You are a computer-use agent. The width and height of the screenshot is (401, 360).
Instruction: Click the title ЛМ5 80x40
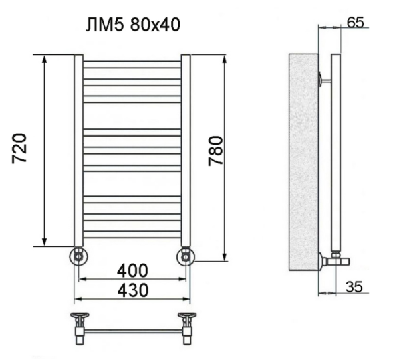pyautogui.click(x=133, y=25)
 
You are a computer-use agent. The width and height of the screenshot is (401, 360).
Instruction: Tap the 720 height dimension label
pyautogui.click(x=19, y=148)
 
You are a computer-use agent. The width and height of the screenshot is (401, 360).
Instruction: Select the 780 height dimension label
pyautogui.click(x=215, y=151)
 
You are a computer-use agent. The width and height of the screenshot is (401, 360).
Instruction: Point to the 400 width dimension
pyautogui.click(x=132, y=270)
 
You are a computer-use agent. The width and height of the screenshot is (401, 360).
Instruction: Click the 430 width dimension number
pyautogui.click(x=133, y=290)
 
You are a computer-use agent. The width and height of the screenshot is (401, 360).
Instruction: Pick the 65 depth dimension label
pyautogui.click(x=356, y=23)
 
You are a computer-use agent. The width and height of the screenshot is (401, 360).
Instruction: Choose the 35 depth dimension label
pyautogui.click(x=354, y=286)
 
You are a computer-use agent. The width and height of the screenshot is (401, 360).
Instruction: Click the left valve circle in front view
pyautogui.click(x=78, y=256)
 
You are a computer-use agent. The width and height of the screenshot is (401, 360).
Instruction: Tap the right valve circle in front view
pyautogui.click(x=186, y=256)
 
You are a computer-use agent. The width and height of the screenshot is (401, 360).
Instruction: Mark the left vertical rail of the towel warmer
pyautogui.click(x=79, y=151)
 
